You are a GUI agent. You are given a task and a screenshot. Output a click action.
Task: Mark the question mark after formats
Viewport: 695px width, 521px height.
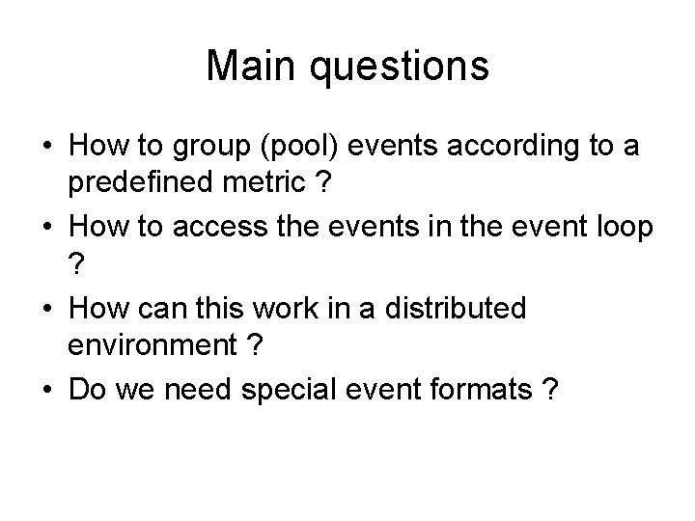(549, 390)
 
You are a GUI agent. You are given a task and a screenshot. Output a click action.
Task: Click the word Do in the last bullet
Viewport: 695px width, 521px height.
(85, 390)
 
